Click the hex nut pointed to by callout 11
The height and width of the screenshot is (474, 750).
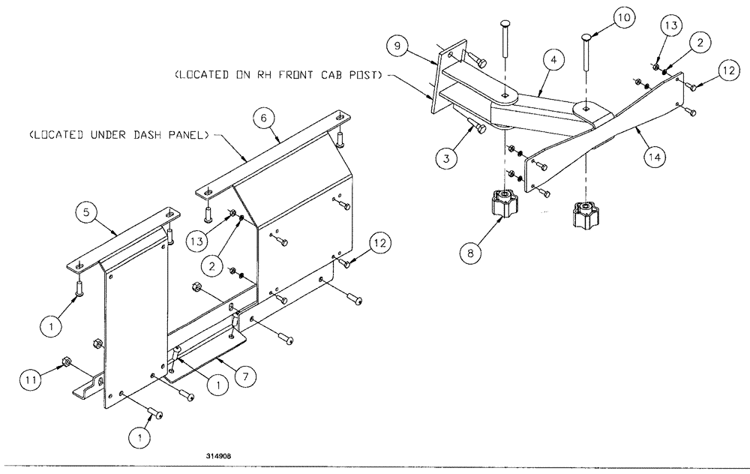[65, 362]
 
